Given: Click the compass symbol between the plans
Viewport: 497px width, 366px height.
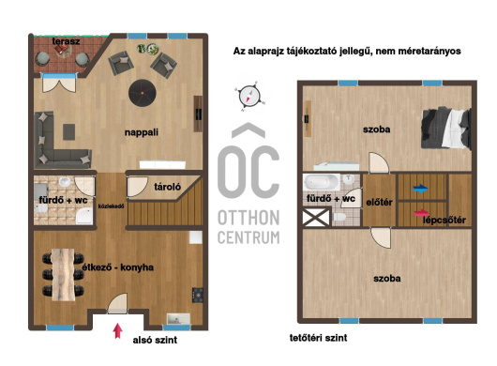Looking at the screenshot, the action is click(x=249, y=96).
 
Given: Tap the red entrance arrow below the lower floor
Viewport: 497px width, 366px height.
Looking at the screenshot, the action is click(x=117, y=330).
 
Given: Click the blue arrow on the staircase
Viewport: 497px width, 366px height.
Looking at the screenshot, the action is click(x=421, y=189).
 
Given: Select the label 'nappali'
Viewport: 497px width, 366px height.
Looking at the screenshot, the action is click(x=142, y=132).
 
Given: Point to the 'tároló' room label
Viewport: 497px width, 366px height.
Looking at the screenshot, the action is click(x=167, y=187).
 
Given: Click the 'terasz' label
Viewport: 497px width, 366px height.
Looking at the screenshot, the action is click(x=66, y=41).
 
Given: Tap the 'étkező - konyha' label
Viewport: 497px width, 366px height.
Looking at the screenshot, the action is click(x=118, y=267).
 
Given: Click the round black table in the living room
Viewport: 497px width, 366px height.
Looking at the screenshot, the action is click(x=143, y=93).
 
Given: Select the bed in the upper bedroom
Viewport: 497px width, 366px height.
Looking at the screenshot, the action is click(x=445, y=129).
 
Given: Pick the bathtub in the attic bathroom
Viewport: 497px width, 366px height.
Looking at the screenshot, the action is click(x=321, y=182).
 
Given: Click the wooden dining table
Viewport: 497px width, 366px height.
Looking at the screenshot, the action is click(x=64, y=275).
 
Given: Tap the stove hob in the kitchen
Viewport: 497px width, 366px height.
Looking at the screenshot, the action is click(x=198, y=295).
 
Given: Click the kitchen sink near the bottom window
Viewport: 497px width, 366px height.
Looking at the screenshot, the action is click(x=178, y=319).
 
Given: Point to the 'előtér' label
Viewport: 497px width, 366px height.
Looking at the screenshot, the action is click(x=379, y=203).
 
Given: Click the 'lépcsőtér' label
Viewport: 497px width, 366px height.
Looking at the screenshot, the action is click(x=444, y=220).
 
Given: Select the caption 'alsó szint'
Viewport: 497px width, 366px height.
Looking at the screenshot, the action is click(x=155, y=340).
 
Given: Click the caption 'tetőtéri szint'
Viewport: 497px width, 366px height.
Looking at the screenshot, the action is click(x=318, y=338).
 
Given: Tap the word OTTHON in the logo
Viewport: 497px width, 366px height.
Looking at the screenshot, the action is click(x=248, y=218).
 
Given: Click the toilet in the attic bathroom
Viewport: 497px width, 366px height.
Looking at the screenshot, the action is click(x=339, y=217).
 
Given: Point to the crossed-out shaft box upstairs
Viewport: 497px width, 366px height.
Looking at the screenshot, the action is click(x=316, y=217).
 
